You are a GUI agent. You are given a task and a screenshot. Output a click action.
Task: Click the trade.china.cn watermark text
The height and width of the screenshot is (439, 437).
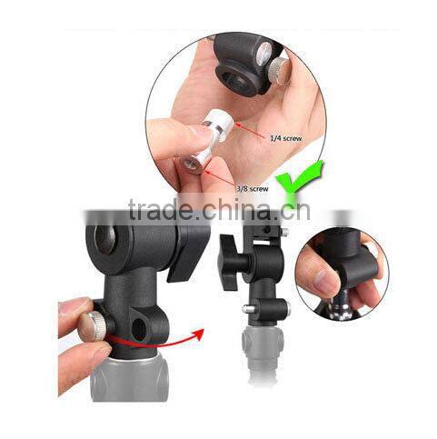tap(219, 212)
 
